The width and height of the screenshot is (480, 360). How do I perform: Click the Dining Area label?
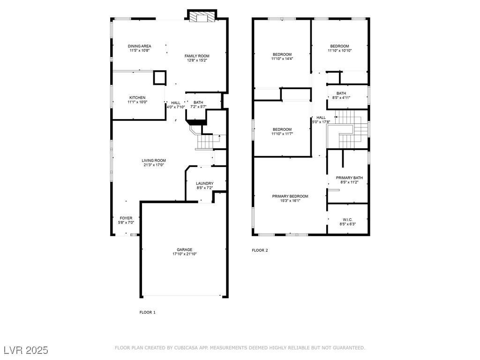tap(139, 46)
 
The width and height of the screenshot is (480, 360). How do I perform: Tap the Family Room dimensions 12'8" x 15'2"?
tap(197, 60)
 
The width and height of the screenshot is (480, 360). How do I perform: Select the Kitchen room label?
tap(137, 97)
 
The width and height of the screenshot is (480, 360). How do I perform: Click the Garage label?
tap(184, 249)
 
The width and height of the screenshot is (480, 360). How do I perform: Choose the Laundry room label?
tap(205, 183)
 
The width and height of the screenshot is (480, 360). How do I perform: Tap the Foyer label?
tap(126, 218)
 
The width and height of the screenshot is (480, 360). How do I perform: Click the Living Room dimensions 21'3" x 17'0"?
tap(154, 165)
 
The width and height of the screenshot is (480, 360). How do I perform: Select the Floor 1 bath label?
tap(198, 103)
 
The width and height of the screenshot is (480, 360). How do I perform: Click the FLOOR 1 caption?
tap(148, 312)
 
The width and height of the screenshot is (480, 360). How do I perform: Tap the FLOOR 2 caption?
tap(260, 250)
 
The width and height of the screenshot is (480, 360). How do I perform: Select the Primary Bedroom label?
tap(290, 196)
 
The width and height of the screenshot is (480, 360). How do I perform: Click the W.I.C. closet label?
tap(348, 220)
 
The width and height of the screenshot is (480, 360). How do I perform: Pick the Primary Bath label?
tap(349, 178)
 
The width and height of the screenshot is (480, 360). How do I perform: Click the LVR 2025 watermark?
tap(26, 350)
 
